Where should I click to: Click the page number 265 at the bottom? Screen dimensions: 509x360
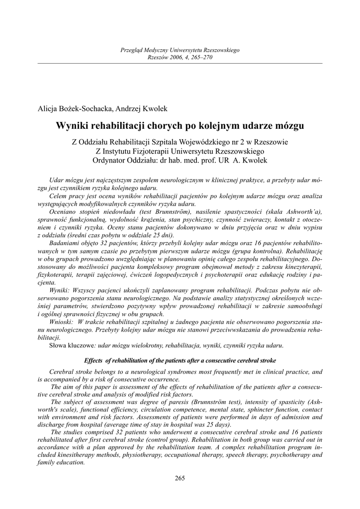coord(180,478)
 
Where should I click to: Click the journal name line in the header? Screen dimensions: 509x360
coord(180,50)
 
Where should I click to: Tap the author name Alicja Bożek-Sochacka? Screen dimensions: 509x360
coord(76,109)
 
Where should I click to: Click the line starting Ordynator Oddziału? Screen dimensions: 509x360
coord(180,160)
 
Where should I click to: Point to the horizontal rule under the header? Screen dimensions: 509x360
coord(180,63)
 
